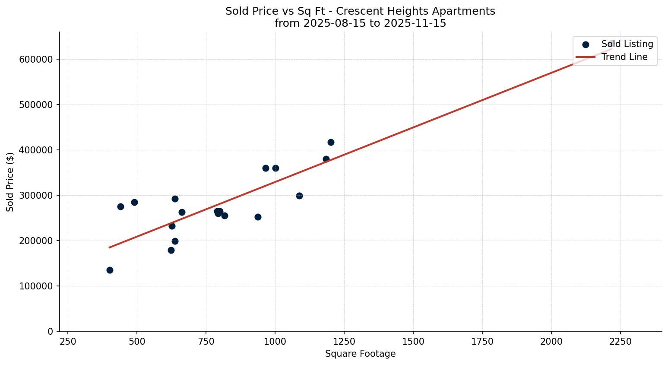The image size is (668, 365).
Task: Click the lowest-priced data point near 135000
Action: (110, 270)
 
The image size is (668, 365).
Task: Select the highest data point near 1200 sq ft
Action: (331, 142)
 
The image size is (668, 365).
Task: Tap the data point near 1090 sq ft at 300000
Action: (299, 196)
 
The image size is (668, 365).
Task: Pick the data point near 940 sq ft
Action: (258, 217)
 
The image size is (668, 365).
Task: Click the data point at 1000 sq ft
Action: (275, 168)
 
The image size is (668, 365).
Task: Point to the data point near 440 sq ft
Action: (120, 206)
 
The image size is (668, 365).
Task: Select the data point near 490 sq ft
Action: (134, 202)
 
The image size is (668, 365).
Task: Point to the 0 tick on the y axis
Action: (51, 331)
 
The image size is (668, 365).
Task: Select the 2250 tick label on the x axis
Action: (620, 341)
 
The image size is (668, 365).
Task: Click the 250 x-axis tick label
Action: (68, 341)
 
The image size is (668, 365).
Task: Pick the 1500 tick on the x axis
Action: (413, 341)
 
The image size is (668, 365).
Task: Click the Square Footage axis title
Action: (360, 354)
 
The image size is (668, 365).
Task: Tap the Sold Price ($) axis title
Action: (10, 182)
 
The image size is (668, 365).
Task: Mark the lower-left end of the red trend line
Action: (109, 248)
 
